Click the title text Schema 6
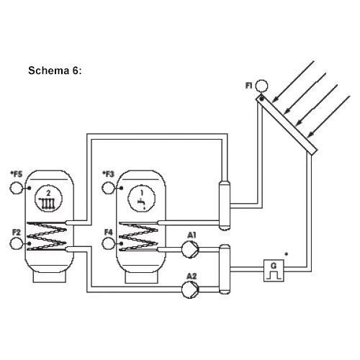point(55,71)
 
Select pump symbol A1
point(190,250)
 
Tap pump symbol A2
point(190,289)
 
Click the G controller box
point(274,271)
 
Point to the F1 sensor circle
point(261,86)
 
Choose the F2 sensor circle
point(17,243)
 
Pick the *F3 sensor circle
point(109,188)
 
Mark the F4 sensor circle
point(109,243)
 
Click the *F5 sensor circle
point(17,188)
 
